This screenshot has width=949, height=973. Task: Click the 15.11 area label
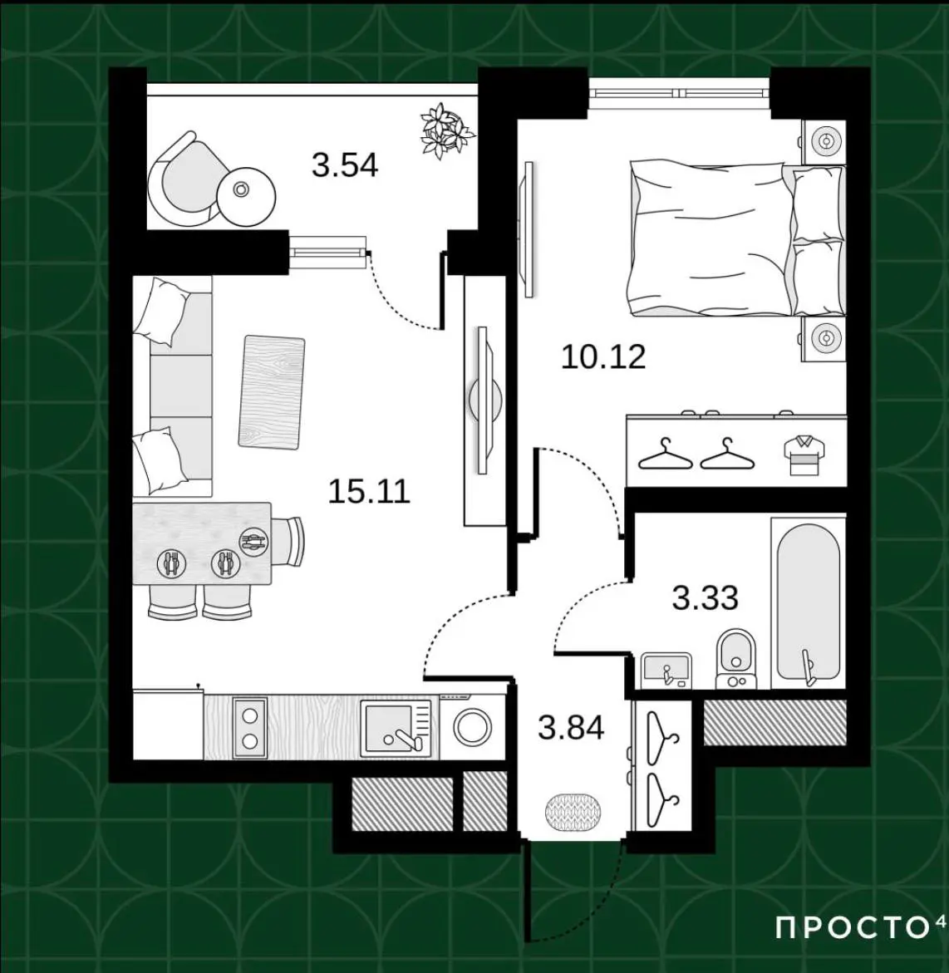click(369, 491)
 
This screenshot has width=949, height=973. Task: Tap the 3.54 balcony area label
click(345, 165)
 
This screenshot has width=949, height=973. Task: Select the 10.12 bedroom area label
click(603, 356)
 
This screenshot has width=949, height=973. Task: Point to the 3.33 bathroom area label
click(705, 598)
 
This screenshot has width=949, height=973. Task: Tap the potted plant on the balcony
click(447, 130)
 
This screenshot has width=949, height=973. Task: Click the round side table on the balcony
click(246, 197)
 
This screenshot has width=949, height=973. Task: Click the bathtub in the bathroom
click(808, 602)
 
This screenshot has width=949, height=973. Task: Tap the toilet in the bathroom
click(736, 659)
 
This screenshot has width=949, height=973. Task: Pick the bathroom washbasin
click(666, 671)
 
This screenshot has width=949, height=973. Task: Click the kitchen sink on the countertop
click(396, 727)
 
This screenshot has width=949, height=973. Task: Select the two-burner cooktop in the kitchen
click(249, 727)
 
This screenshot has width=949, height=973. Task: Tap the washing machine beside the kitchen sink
click(472, 727)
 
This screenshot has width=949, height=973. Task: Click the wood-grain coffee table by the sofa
click(271, 391)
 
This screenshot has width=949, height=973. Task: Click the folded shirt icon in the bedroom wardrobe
click(804, 455)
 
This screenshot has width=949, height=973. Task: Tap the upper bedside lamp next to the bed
click(825, 141)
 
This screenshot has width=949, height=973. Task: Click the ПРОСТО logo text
click(854, 928)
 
